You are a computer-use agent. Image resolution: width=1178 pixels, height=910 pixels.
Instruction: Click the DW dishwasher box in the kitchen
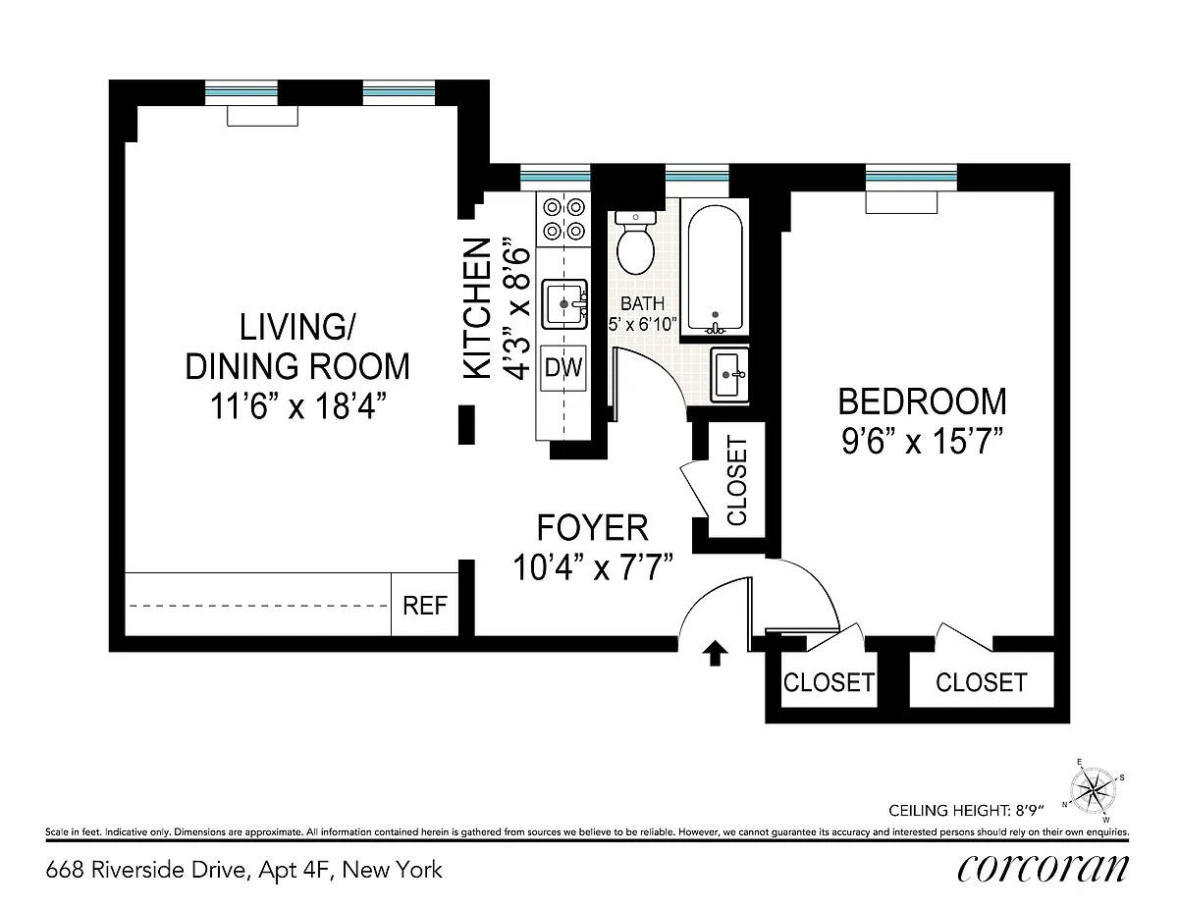pyautogui.click(x=563, y=368)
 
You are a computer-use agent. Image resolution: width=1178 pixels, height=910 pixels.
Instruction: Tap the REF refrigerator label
pyautogui.click(x=425, y=606)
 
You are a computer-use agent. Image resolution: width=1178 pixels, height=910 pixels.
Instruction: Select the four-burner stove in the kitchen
pyautogui.click(x=563, y=220)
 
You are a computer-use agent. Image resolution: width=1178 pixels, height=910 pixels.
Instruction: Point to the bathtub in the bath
pyautogui.click(x=715, y=268)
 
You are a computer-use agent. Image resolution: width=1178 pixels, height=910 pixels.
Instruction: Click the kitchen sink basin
pyautogui.click(x=564, y=304)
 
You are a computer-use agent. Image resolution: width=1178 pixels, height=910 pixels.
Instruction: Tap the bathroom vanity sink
pyautogui.click(x=729, y=375)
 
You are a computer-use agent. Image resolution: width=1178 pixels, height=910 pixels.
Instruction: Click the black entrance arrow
pyautogui.click(x=715, y=653)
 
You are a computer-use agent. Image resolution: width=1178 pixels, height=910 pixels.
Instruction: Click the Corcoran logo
pyautogui.click(x=1043, y=869)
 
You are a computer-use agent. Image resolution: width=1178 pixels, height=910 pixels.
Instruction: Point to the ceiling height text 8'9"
pyautogui.click(x=1026, y=810)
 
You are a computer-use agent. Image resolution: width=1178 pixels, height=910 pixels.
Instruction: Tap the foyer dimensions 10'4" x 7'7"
pyautogui.click(x=593, y=567)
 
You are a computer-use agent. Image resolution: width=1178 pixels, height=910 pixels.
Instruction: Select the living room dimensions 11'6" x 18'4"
pyautogui.click(x=297, y=406)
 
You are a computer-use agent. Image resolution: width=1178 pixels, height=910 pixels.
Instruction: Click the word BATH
pyautogui.click(x=642, y=303)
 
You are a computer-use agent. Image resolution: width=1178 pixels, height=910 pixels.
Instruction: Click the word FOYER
pyautogui.click(x=593, y=527)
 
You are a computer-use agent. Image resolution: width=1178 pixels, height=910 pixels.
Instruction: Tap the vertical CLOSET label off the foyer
pyautogui.click(x=736, y=481)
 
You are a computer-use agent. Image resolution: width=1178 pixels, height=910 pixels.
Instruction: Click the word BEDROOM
pyautogui.click(x=922, y=401)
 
